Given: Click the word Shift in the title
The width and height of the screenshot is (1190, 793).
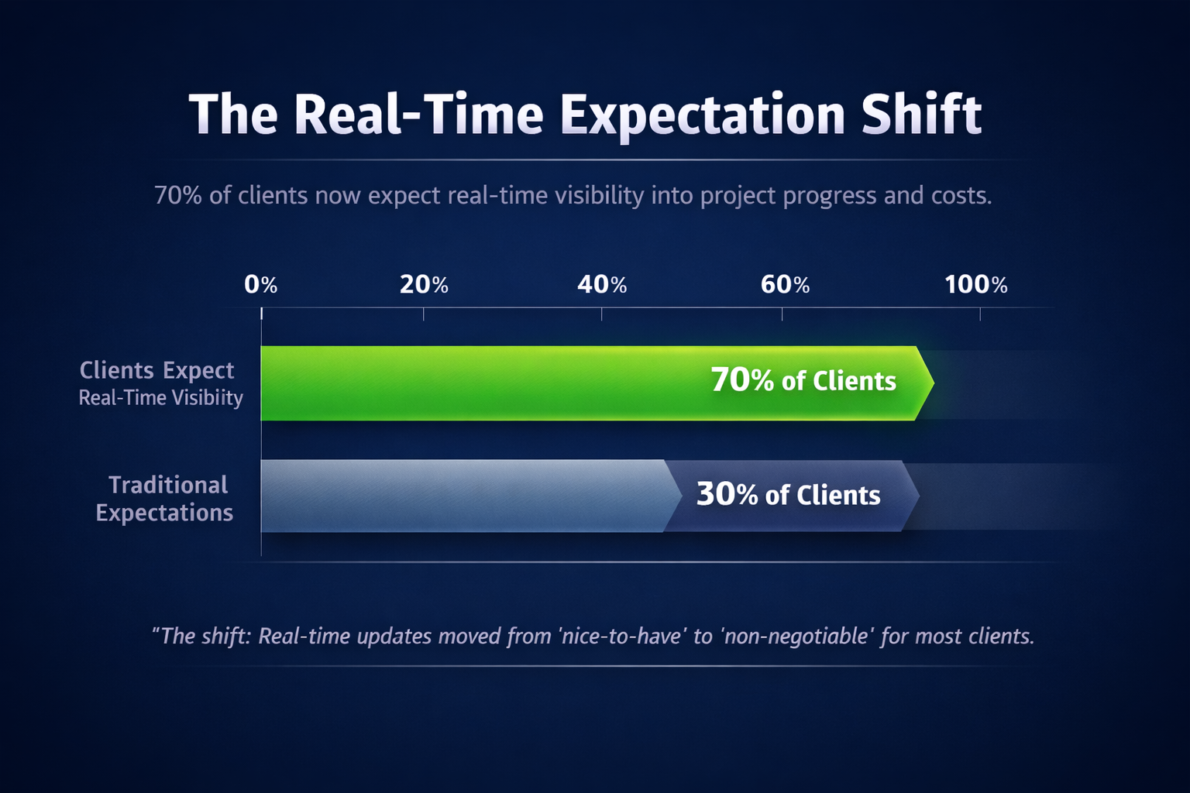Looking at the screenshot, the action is point(921,114).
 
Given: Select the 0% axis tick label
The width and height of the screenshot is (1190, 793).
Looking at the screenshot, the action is point(261,285).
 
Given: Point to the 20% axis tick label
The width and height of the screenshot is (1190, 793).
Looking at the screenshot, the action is point(424,285).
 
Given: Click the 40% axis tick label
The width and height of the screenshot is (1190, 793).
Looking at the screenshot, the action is point(602,285).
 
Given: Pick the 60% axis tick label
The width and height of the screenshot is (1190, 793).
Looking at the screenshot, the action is point(785,285).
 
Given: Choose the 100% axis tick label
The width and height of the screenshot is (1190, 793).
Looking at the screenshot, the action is point(976,285).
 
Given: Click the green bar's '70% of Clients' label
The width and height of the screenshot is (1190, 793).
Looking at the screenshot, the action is point(803,380).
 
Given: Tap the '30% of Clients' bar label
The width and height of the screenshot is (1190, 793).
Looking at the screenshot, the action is point(789,495).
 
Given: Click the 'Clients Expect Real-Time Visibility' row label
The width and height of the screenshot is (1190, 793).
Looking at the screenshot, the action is point(160,383).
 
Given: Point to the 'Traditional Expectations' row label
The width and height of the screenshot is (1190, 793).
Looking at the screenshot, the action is point(165,499).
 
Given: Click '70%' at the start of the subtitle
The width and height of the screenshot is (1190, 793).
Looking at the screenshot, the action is point(178,195).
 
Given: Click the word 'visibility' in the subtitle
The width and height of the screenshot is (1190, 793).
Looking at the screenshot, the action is point(600,196).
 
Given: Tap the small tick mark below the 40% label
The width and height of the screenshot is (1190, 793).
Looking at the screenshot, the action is point(601,314).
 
